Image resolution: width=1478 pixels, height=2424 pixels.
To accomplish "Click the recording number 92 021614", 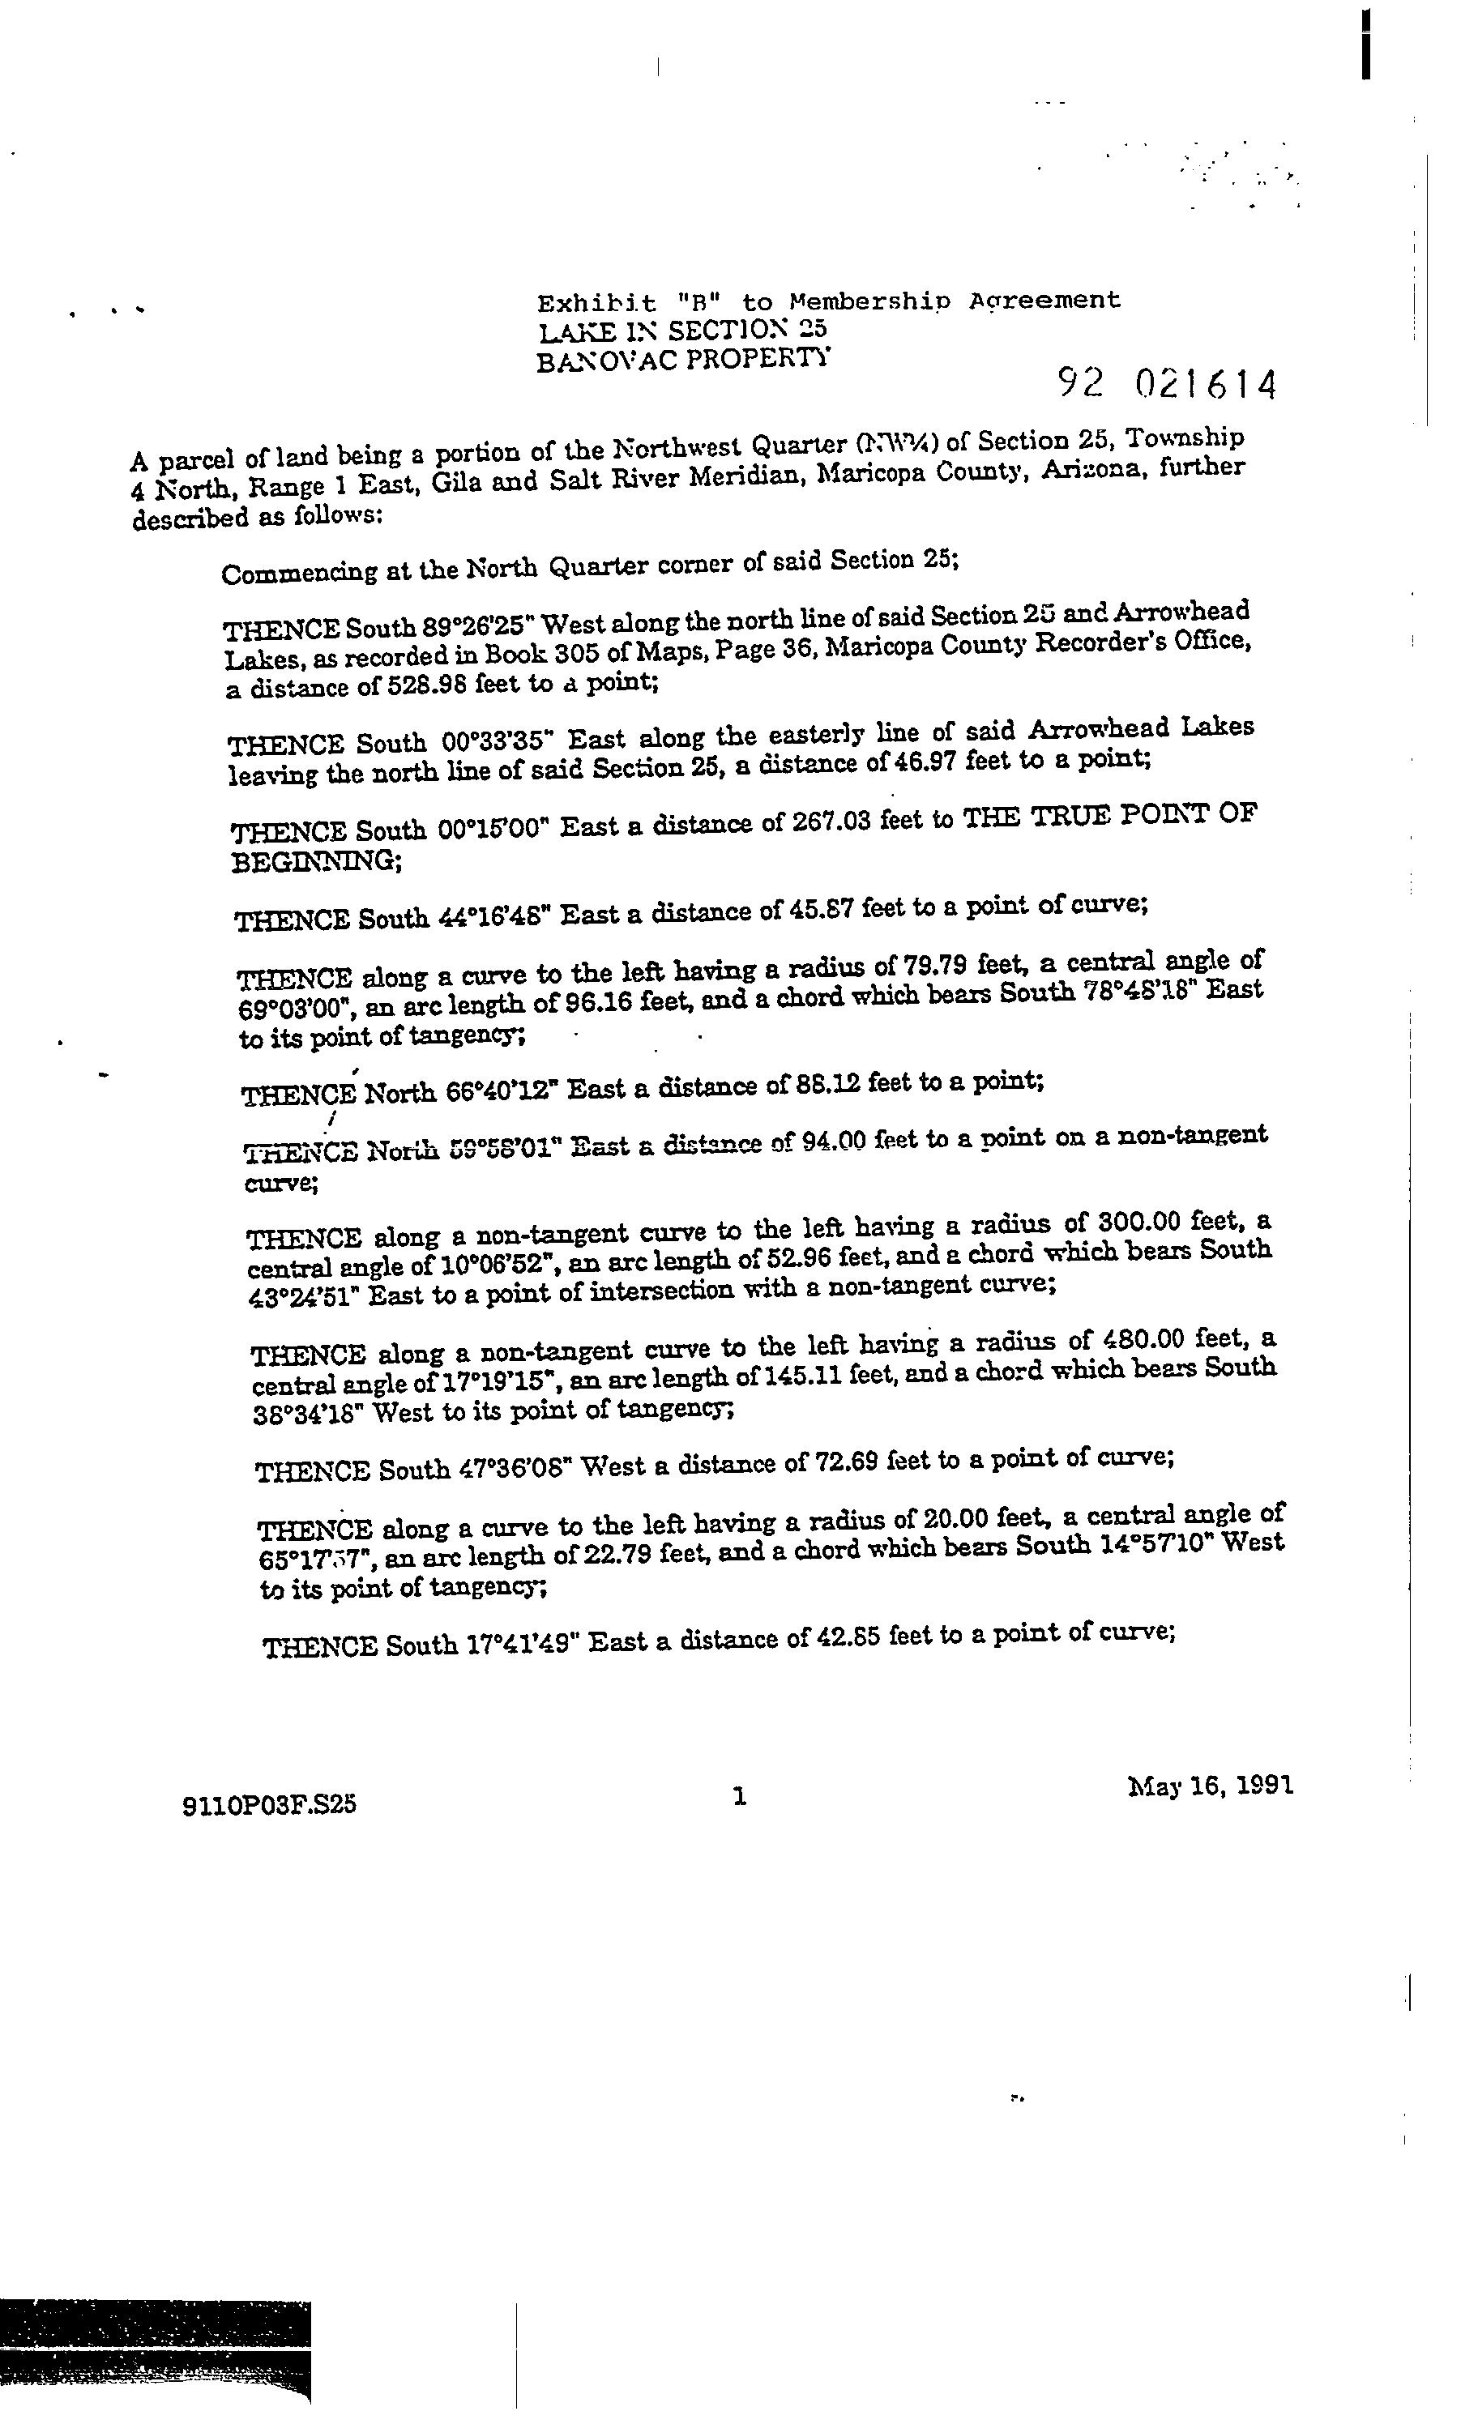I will [1167, 385].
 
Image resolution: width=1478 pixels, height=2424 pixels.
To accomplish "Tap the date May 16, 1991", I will [1209, 1786].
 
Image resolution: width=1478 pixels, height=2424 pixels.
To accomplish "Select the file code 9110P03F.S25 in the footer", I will [269, 1804].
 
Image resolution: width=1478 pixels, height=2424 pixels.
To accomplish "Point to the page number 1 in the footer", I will [740, 1796].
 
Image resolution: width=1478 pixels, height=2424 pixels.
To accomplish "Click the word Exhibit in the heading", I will [596, 303].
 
